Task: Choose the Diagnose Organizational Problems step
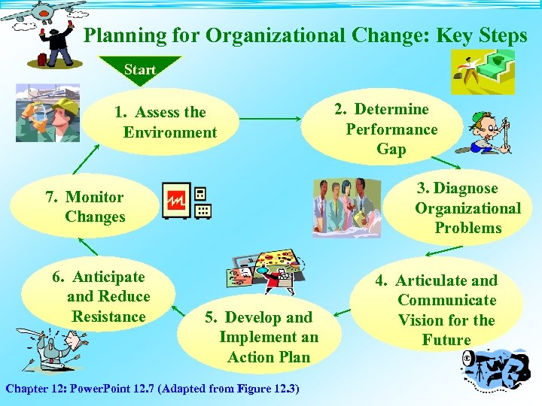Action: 467,208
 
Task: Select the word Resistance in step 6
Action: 108,317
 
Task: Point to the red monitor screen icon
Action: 177,201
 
